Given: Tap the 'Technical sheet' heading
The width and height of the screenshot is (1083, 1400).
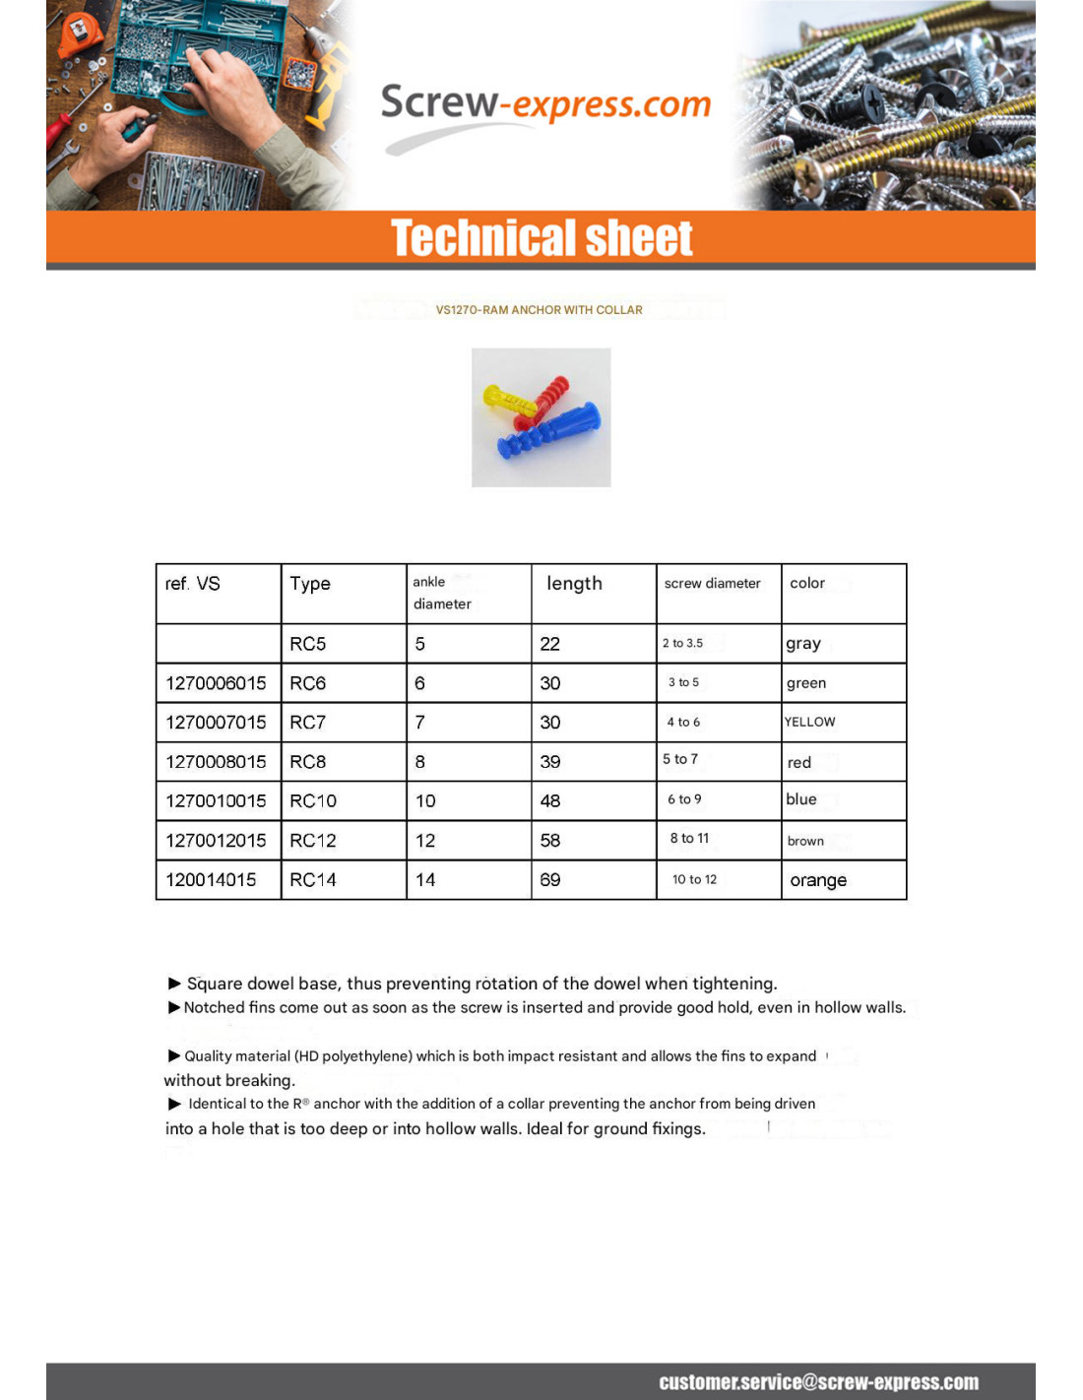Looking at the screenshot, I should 541,238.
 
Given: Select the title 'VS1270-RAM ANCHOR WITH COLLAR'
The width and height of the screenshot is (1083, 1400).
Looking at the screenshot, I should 539,310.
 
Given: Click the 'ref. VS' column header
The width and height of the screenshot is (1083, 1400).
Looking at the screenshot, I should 193,584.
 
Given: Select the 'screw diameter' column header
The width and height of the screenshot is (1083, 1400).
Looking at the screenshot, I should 712,584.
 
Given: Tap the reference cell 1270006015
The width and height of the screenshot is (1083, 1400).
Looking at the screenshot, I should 216,683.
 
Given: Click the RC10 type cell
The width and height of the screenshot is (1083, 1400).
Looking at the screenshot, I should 313,801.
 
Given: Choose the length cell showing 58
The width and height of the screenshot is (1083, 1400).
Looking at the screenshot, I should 550,841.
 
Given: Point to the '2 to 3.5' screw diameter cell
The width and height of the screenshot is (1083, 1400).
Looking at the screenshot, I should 682,644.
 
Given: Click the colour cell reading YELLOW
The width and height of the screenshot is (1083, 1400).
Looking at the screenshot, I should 809,723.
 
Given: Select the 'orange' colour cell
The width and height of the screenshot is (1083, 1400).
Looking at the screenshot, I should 818,880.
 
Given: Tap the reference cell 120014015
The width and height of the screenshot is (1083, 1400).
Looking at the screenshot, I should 211,880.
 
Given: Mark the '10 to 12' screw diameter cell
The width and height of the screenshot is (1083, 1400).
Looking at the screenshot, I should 694,880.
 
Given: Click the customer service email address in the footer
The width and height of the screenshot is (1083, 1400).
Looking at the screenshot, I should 818,1382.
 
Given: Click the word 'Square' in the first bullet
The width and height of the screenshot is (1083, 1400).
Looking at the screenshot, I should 215,984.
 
